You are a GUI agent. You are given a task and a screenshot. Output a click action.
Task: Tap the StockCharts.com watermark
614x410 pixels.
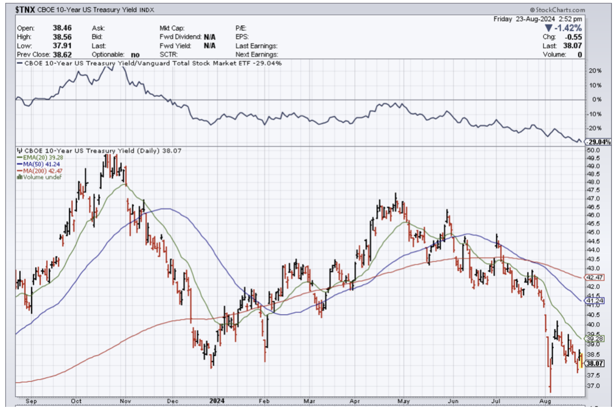point(557,10)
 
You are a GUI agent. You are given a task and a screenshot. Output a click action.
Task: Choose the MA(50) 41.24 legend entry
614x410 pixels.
point(37,163)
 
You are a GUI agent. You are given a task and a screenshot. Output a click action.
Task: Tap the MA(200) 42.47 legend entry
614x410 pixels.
point(39,170)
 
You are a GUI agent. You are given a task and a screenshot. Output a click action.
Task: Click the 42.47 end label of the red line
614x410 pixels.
point(594,278)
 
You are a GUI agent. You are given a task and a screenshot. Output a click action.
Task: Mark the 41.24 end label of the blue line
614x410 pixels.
point(594,301)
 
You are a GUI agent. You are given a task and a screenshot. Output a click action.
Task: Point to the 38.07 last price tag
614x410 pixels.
point(594,363)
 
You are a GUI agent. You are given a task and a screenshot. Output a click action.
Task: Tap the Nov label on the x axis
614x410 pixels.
point(124,401)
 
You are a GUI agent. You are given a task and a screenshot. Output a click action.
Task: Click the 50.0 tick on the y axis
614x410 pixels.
point(593,150)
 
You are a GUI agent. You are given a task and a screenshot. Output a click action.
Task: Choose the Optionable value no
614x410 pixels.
point(135,54)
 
